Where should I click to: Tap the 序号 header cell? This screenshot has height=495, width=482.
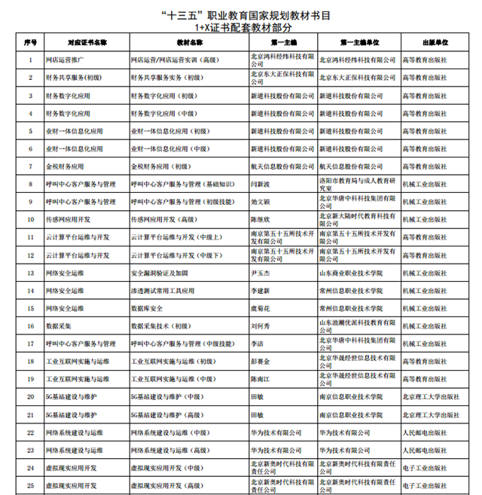[x=30, y=43]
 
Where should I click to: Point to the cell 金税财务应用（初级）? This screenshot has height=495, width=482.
[x=160, y=166]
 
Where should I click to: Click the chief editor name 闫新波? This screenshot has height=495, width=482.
[x=260, y=183]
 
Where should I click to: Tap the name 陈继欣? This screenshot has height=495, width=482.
[x=260, y=219]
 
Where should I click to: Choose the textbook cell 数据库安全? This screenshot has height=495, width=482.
[x=147, y=307]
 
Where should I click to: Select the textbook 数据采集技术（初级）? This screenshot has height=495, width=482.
[x=160, y=325]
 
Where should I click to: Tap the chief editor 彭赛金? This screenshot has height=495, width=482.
[x=260, y=361]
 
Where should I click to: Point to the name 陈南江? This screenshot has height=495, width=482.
[x=260, y=379]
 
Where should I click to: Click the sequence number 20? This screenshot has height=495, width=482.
[x=30, y=396]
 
